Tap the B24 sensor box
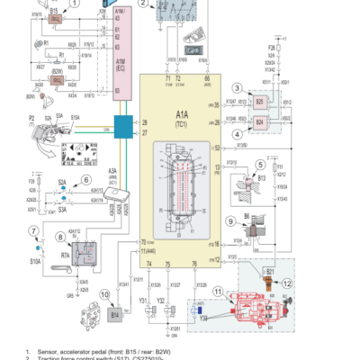(259, 120)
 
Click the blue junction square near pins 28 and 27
(122, 126)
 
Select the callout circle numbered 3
(238, 87)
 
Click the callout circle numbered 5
(259, 165)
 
